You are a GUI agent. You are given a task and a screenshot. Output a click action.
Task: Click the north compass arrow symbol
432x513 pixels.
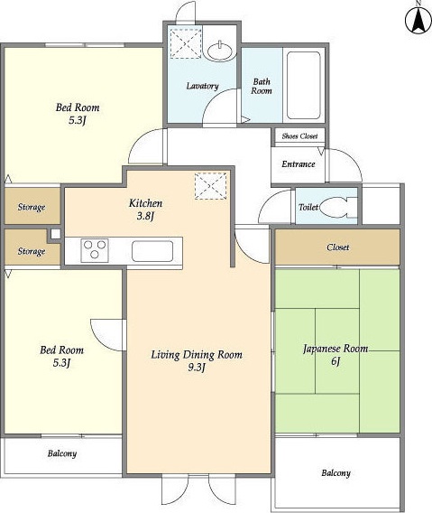coord(418,19)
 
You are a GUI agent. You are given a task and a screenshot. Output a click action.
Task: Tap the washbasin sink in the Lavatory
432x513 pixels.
coord(221,51)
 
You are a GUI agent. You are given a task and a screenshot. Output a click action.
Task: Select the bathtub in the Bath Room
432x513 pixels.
coord(303,85)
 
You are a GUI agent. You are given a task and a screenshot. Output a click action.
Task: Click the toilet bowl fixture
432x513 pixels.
coord(337,207)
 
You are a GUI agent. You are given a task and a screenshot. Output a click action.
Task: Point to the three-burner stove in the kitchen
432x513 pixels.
coord(95,250)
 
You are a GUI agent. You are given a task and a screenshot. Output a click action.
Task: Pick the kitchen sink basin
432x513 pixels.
coord(152,251)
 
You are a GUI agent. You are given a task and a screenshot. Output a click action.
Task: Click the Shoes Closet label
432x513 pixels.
coord(299,136)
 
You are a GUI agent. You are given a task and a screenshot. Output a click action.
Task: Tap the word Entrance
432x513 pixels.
coord(299,163)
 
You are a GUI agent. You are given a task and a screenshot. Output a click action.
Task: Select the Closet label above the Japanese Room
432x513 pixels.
coord(337,247)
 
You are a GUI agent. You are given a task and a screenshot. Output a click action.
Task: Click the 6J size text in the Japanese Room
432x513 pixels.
coord(335,361)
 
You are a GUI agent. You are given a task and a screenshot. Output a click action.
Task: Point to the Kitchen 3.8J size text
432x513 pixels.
coord(145,216)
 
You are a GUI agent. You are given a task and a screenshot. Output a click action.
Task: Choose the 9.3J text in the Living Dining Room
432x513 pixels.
coord(197,368)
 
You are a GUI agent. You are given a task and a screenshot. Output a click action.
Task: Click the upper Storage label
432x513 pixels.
coord(32,207)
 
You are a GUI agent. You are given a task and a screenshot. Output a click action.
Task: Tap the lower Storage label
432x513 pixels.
coord(32,251)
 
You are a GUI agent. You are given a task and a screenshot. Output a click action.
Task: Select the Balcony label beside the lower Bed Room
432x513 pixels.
coord(62,453)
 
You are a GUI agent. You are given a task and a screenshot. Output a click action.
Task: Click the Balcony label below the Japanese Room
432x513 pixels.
coord(335,472)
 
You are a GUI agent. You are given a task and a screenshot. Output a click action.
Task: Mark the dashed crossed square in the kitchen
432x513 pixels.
coord(210,186)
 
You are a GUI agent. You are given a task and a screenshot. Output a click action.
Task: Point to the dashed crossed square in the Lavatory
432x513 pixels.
coord(186,43)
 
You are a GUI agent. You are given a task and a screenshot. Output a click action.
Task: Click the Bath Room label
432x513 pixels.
coord(262,86)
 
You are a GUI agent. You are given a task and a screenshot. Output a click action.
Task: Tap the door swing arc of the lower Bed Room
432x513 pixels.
coord(100,340)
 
